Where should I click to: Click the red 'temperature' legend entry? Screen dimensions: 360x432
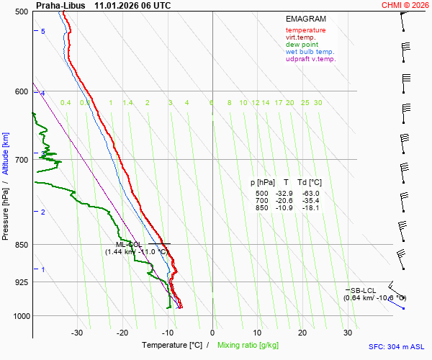(x=305, y=30)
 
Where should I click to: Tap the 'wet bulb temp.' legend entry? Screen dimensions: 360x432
(x=310, y=52)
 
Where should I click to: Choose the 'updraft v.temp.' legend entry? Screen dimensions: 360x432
(x=310, y=59)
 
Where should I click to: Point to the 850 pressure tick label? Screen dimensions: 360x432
(x=21, y=245)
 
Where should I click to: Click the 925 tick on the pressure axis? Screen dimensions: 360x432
(x=21, y=282)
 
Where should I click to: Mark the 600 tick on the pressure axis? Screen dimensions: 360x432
(x=21, y=91)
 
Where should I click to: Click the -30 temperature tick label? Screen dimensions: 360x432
(x=77, y=333)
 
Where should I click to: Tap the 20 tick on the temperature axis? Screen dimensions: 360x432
(x=302, y=333)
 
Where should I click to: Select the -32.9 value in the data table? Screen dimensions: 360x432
(x=282, y=194)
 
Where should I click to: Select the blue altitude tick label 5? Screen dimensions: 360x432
(x=43, y=32)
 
